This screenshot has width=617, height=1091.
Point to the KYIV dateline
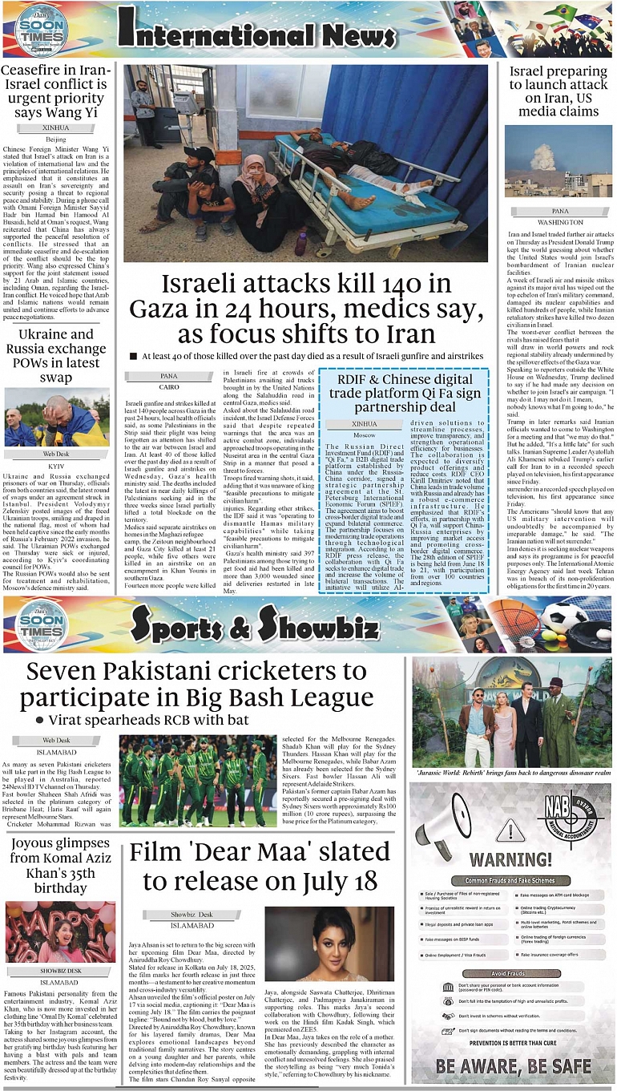pyautogui.click(x=56, y=466)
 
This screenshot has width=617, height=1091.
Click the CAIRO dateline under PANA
pyautogui.click(x=169, y=386)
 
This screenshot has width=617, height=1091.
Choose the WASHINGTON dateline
pyautogui.click(x=560, y=222)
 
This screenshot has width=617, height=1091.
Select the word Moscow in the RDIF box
pyautogui.click(x=365, y=434)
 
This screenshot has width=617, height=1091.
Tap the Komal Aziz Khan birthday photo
pyautogui.click(x=60, y=931)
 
